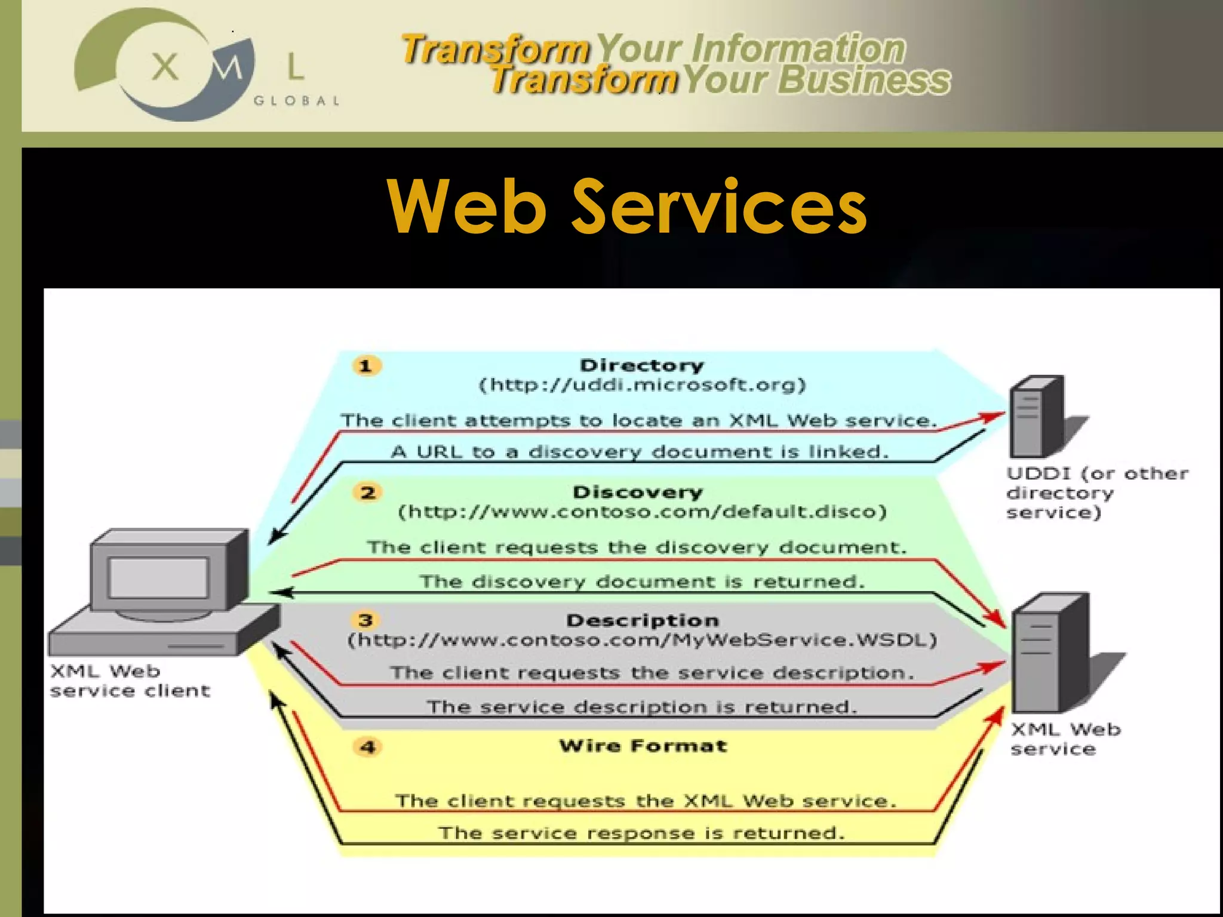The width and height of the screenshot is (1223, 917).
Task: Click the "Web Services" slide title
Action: [627, 207]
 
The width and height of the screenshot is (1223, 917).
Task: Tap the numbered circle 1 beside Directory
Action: [366, 365]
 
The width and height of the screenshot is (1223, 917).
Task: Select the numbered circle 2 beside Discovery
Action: [368, 493]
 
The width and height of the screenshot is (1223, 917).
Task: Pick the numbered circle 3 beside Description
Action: [365, 620]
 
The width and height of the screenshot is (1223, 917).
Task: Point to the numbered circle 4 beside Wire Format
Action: [368, 747]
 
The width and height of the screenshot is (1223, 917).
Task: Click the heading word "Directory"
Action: [642, 365]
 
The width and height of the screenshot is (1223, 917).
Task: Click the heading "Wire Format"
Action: [643, 746]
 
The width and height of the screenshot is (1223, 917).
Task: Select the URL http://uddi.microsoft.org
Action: [643, 385]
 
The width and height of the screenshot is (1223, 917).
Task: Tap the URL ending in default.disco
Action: [643, 512]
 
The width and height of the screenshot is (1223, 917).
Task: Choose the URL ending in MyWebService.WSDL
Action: [643, 641]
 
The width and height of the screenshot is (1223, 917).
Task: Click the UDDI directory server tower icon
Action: [1036, 417]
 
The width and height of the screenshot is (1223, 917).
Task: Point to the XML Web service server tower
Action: [1051, 652]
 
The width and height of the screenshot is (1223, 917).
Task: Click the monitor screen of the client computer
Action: [158, 578]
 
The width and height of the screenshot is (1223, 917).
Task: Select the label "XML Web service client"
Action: [130, 681]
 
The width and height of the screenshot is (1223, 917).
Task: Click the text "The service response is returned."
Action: [641, 833]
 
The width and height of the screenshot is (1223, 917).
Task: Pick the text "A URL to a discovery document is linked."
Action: [640, 452]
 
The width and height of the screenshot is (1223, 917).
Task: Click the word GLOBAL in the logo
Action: [297, 101]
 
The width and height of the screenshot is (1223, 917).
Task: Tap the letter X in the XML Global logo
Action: [165, 66]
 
